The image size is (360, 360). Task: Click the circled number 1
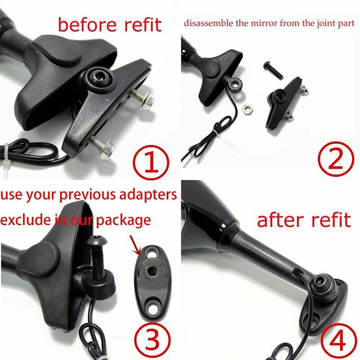coord(152,162)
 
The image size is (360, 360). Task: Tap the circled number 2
coord(336,159)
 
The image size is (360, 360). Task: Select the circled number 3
coord(153,339)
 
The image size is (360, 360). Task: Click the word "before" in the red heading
coord(87,25)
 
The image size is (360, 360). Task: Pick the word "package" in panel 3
coord(123,220)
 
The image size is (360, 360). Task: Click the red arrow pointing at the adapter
coord(135,245)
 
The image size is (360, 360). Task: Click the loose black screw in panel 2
coord(273,70)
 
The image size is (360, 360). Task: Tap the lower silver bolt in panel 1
coord(102,146)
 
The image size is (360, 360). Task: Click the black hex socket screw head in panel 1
coord(98,78)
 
